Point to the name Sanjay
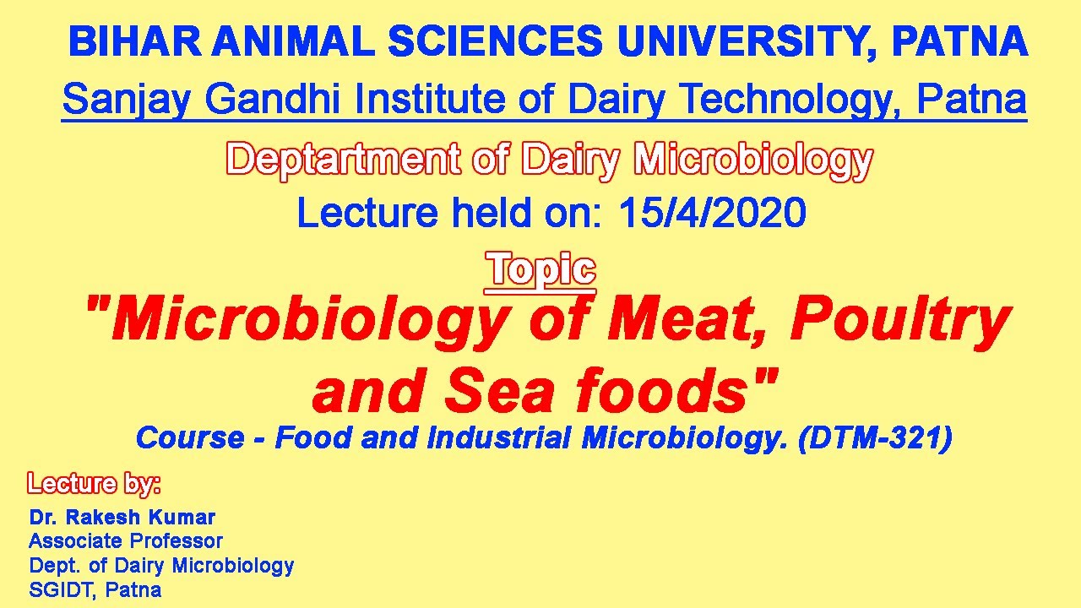pyautogui.click(x=127, y=100)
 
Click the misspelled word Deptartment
pyautogui.click(x=344, y=160)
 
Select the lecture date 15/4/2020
pyautogui.click(x=712, y=214)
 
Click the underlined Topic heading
pyautogui.click(x=541, y=269)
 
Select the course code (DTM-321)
pyautogui.click(x=875, y=438)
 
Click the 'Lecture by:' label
pyautogui.click(x=94, y=483)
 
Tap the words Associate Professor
pyautogui.click(x=126, y=540)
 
